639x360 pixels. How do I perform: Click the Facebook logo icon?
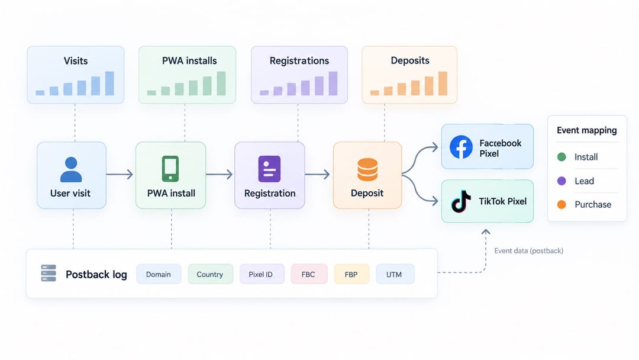pyautogui.click(x=461, y=147)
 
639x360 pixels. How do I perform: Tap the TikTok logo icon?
pyautogui.click(x=461, y=201)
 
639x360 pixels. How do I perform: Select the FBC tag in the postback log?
pyautogui.click(x=308, y=274)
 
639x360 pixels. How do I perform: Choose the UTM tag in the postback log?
pyautogui.click(x=395, y=274)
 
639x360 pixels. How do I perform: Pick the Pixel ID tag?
pyautogui.click(x=262, y=274)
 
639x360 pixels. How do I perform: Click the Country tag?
pyautogui.click(x=210, y=274)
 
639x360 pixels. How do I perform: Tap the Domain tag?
pyautogui.click(x=159, y=274)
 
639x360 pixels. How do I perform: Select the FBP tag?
pyautogui.click(x=351, y=274)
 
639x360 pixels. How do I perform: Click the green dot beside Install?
pyautogui.click(x=561, y=157)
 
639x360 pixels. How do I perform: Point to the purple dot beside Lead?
pyautogui.click(x=561, y=181)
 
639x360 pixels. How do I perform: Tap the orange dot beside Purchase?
pyautogui.click(x=561, y=205)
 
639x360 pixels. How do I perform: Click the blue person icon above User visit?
pyautogui.click(x=71, y=169)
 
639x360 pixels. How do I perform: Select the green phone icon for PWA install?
pyautogui.click(x=170, y=168)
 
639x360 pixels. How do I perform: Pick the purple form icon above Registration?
pyautogui.click(x=269, y=169)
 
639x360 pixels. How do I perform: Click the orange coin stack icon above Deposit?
pyautogui.click(x=367, y=169)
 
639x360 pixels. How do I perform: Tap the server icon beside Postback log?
pyautogui.click(x=49, y=273)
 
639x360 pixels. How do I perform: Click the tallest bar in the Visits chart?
pyautogui.click(x=109, y=83)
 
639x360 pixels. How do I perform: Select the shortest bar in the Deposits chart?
pyautogui.click(x=375, y=92)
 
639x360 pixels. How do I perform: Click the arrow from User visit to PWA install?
pyautogui.click(x=120, y=175)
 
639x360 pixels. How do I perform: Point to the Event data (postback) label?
pyautogui.click(x=528, y=250)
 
